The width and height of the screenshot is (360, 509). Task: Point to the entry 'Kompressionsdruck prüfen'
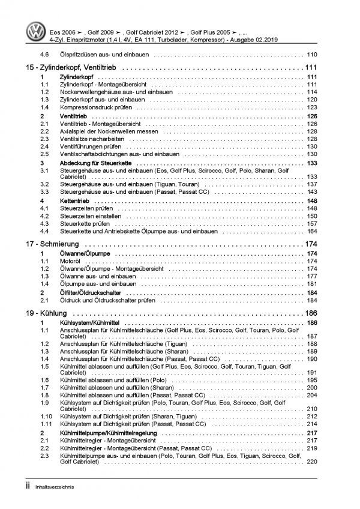pos(92,107)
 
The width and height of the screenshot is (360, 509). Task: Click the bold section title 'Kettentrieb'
pos(74,200)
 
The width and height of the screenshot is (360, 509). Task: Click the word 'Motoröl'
pos(69,262)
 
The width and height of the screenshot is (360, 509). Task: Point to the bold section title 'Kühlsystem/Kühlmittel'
pos(87,324)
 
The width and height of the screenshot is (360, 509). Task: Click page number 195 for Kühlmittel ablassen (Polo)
pos(312,381)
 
